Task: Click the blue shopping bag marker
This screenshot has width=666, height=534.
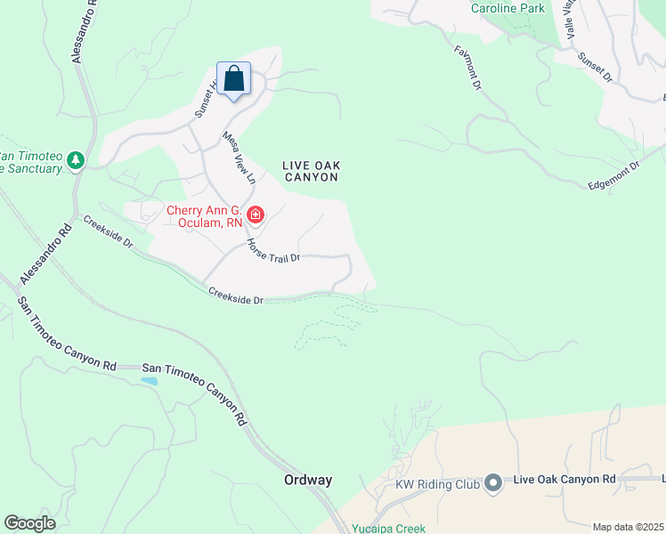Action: pyautogui.click(x=233, y=79)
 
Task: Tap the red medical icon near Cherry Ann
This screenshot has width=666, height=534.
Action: pyautogui.click(x=256, y=214)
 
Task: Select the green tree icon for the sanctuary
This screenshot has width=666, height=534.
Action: pyautogui.click(x=76, y=160)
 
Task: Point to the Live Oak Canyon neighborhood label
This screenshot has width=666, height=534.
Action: pyautogui.click(x=311, y=171)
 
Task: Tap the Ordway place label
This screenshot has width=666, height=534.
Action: pyautogui.click(x=308, y=480)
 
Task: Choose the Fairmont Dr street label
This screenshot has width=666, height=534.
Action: pyautogui.click(x=467, y=69)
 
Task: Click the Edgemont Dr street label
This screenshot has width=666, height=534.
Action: pyautogui.click(x=614, y=174)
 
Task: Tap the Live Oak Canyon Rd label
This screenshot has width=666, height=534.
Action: pyautogui.click(x=565, y=480)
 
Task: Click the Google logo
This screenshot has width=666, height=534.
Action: pyautogui.click(x=29, y=523)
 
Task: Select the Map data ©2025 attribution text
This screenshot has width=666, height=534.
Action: pyautogui.click(x=629, y=527)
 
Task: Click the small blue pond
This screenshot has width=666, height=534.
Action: pyautogui.click(x=149, y=381)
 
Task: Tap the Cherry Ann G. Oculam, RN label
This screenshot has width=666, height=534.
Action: pyautogui.click(x=206, y=216)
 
